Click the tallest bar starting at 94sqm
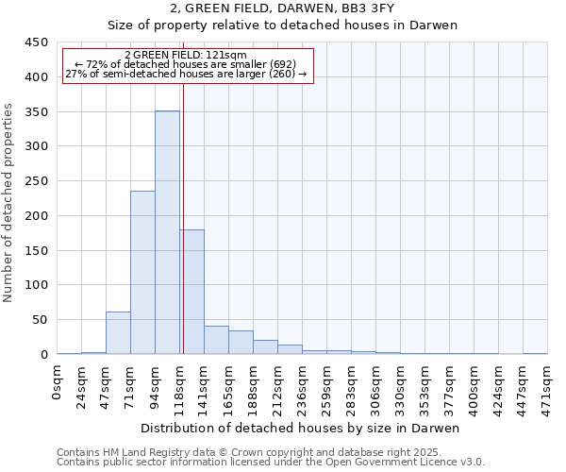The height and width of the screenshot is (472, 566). pos(167,232)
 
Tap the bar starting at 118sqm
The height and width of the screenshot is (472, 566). pos(192,292)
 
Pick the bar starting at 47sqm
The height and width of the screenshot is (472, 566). pos(118,332)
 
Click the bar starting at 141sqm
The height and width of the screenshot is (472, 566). pos(216,340)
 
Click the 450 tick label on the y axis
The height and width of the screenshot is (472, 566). pos(36,42)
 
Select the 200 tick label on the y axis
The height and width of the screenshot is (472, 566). pos(36,216)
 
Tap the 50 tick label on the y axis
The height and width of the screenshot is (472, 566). pos(39,320)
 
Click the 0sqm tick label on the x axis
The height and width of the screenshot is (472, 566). pos(58,379)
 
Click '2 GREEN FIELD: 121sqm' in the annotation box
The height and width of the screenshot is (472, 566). pos(185,56)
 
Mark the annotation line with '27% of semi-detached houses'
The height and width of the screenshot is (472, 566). pos(185,74)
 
